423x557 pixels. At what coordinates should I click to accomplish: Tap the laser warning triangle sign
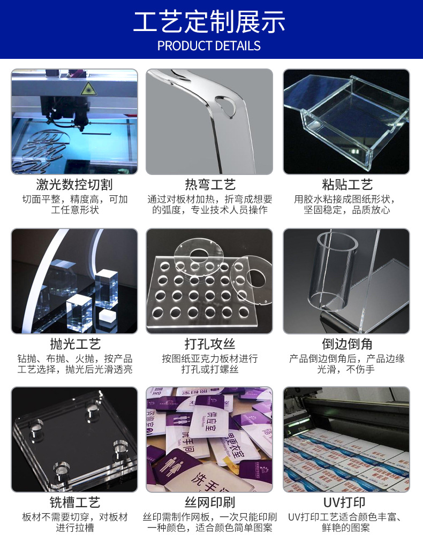[x=88, y=89]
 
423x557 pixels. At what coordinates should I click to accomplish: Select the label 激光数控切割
[x=74, y=185]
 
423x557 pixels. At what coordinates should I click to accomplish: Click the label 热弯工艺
[x=210, y=185]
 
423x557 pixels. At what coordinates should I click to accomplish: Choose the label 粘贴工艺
[x=347, y=185]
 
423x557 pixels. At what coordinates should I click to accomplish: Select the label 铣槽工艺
[x=74, y=502]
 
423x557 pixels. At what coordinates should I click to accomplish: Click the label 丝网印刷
[x=210, y=502]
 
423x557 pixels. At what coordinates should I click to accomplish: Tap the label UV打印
[x=347, y=502]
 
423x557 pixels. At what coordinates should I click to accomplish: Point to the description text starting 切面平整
[x=74, y=200]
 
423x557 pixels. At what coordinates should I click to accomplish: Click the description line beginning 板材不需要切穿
[x=74, y=517]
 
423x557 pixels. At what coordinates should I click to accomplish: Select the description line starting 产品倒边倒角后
[x=347, y=358]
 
